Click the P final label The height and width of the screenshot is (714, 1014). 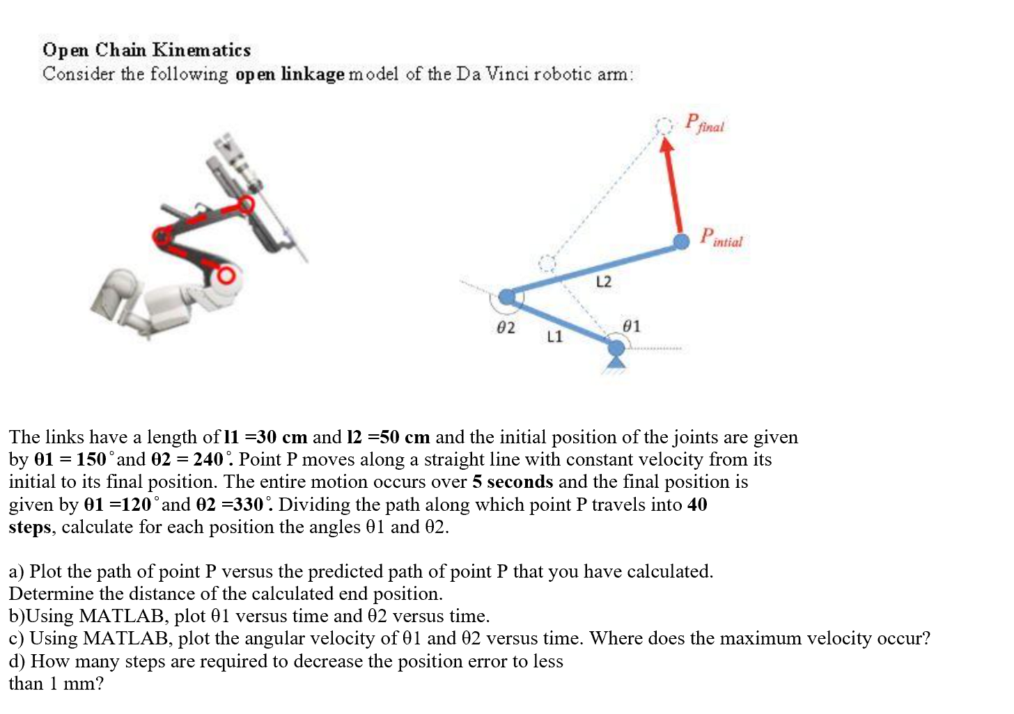(704, 123)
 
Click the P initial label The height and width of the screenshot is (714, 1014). (721, 238)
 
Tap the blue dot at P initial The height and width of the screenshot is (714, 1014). (682, 241)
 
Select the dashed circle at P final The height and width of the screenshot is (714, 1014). (664, 125)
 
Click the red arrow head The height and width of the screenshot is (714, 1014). (666, 145)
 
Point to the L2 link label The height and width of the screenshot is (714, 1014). (603, 281)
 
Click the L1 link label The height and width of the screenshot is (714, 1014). (554, 337)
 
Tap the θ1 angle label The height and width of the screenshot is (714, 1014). (631, 326)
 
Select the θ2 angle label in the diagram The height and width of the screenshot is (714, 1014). (506, 328)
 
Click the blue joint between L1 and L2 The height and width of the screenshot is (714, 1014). (508, 297)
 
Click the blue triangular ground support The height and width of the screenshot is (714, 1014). (616, 361)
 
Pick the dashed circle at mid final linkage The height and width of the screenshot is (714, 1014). (547, 263)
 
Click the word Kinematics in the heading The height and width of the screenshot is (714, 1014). (201, 50)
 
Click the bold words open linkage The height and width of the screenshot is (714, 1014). (290, 74)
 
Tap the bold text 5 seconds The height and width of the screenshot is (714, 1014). (513, 482)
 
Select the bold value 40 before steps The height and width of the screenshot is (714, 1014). (697, 505)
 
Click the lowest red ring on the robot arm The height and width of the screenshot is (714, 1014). (225, 276)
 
